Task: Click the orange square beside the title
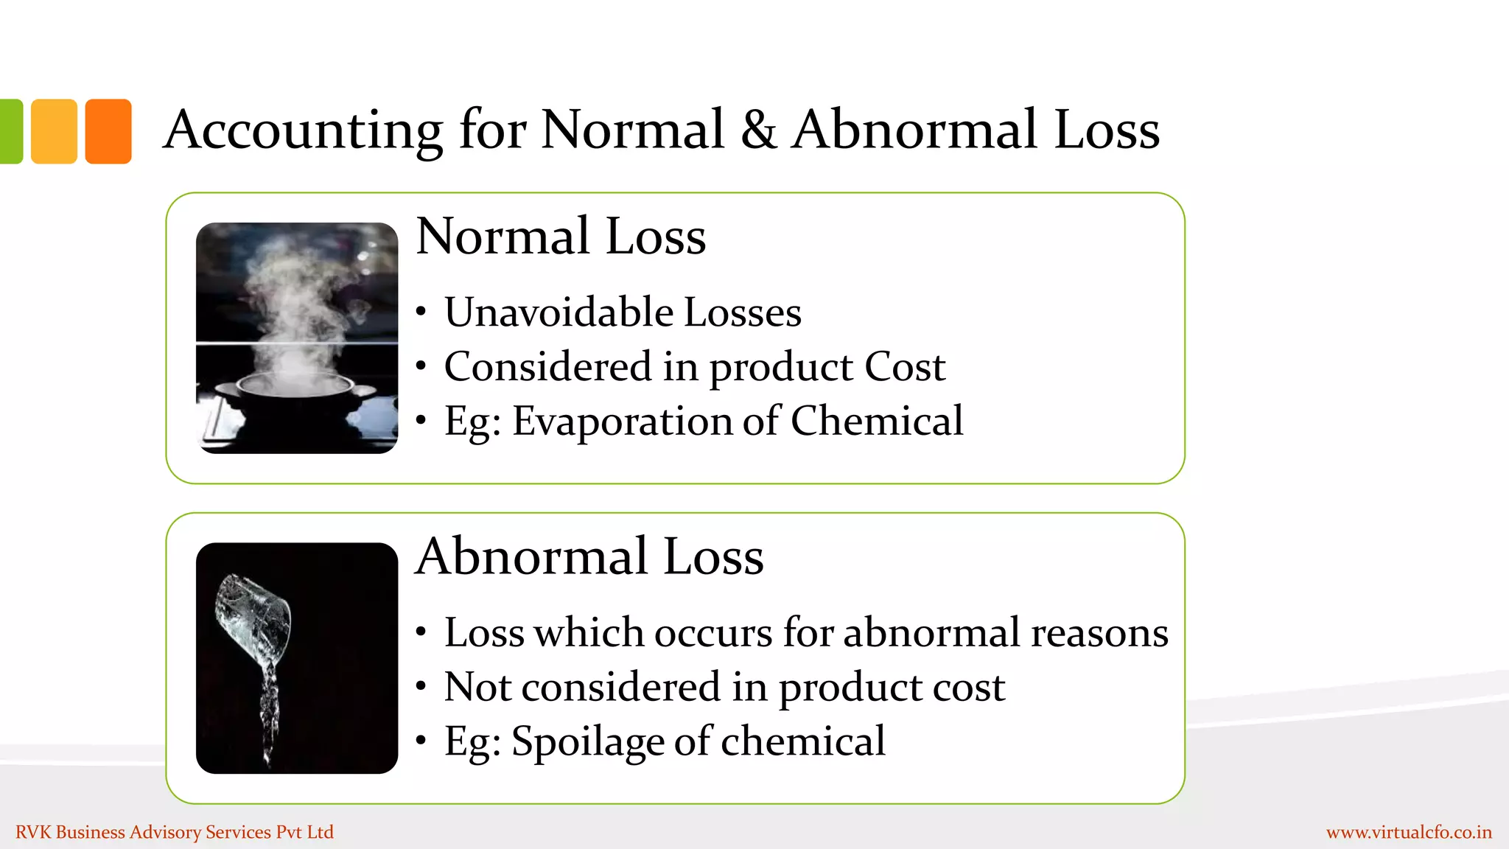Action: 108,131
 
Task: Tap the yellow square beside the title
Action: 54,131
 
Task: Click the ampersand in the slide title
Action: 758,130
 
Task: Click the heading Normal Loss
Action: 561,237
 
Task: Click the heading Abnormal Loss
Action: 589,556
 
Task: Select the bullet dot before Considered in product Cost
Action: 421,366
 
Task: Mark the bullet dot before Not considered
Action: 421,687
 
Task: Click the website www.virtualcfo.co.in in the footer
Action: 1409,833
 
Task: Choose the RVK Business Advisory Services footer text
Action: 175,833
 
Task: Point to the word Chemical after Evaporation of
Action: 877,422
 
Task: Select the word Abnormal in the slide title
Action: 914,130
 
